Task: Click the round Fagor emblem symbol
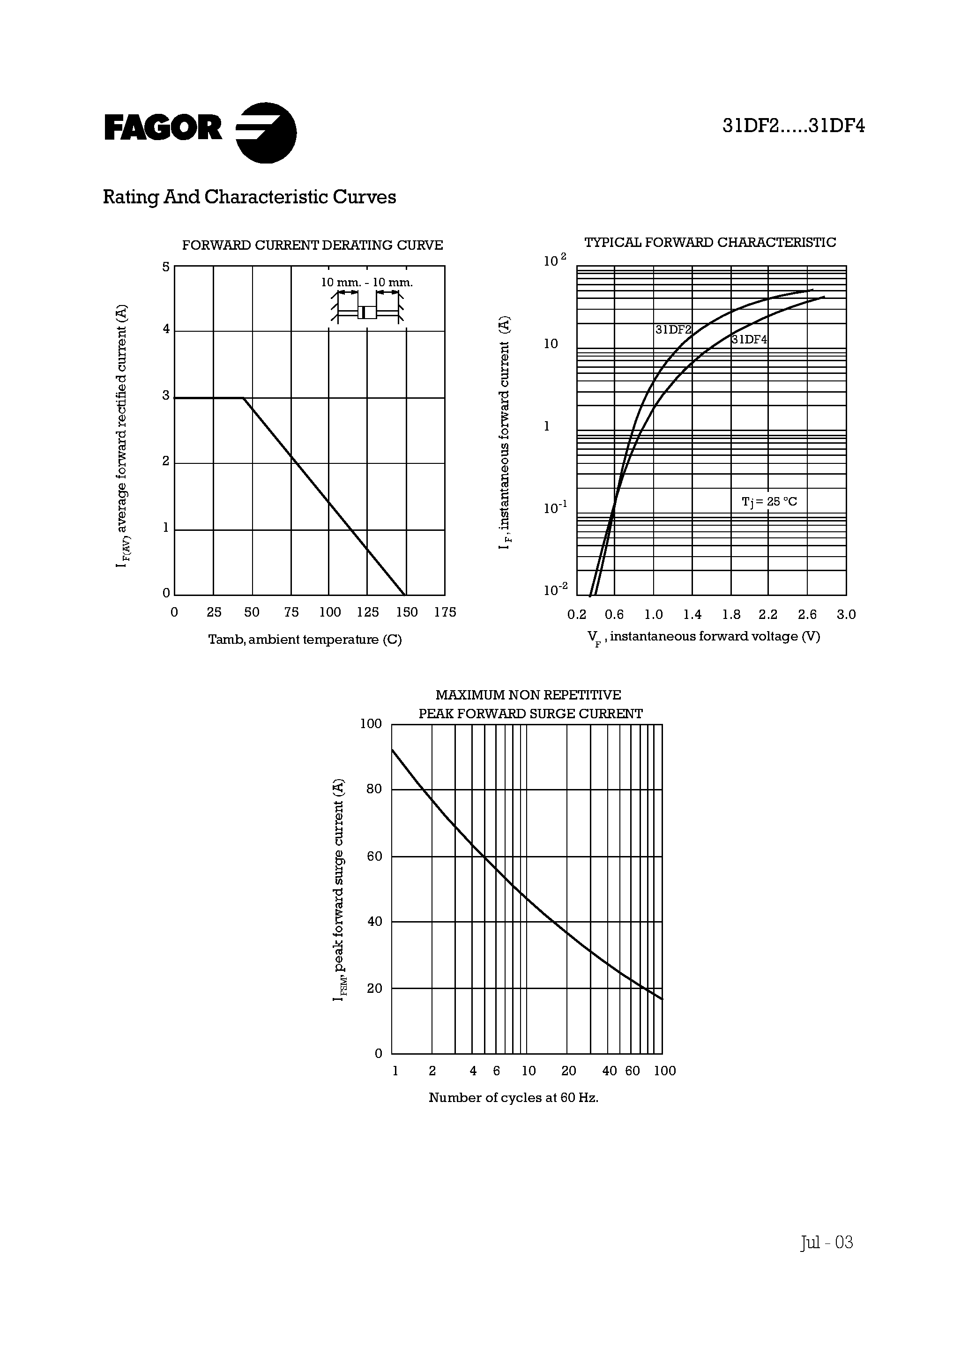tap(266, 133)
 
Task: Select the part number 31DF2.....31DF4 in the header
tap(793, 127)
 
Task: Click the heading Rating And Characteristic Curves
tap(249, 198)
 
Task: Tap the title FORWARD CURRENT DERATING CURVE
tap(312, 245)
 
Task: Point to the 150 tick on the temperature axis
tap(406, 612)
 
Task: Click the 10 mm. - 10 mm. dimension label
tap(366, 282)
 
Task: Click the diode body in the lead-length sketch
tap(367, 312)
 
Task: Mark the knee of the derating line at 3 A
tap(243, 398)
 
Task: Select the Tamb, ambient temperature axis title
tap(305, 640)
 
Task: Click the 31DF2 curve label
tap(673, 329)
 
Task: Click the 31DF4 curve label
tap(749, 340)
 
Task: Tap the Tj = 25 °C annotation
tap(769, 501)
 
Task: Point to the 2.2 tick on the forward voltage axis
tap(768, 615)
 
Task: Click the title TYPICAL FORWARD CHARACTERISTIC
tap(709, 242)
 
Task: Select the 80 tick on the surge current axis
tap(373, 789)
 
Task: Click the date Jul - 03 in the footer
tap(826, 1243)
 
